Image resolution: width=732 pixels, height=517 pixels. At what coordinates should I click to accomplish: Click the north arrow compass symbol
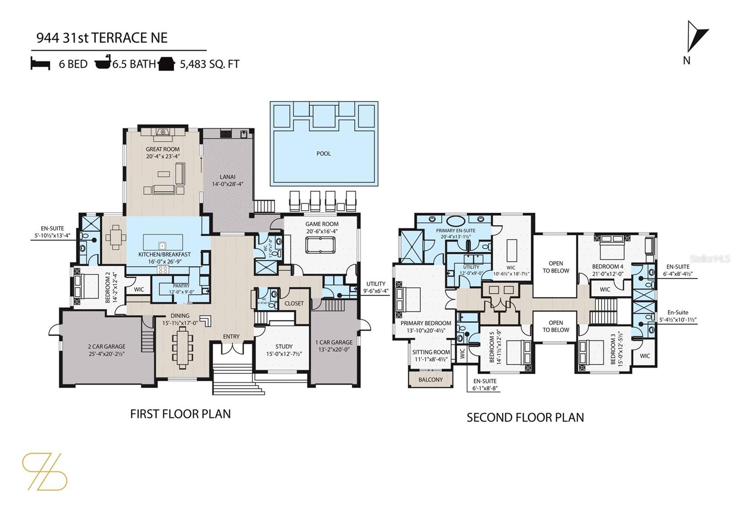click(696, 38)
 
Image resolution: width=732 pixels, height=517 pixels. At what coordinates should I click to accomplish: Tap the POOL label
click(323, 154)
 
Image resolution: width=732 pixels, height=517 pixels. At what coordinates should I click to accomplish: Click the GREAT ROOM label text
click(162, 149)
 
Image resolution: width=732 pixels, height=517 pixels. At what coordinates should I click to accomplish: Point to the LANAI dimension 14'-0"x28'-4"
click(227, 184)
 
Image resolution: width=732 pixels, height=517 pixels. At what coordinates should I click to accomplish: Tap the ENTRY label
click(231, 337)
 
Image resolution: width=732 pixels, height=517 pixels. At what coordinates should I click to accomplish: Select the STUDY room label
click(284, 347)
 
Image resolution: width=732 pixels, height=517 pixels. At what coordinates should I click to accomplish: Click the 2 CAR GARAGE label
click(107, 347)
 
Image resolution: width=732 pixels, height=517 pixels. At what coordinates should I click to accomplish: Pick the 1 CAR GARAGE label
click(334, 342)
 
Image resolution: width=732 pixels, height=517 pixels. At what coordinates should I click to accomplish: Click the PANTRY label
click(181, 286)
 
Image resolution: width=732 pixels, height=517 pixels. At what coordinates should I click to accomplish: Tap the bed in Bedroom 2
click(86, 286)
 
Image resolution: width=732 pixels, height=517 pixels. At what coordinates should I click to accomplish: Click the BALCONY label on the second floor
click(431, 380)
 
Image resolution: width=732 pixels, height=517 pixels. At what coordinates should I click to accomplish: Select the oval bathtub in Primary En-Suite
click(456, 220)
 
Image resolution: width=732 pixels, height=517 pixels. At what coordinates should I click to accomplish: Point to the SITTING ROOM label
click(431, 352)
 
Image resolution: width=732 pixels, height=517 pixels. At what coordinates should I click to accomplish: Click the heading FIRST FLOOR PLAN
click(180, 414)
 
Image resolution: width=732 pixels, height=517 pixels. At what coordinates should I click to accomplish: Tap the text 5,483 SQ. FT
click(210, 64)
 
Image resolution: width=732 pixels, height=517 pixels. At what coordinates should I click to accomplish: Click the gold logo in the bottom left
click(44, 471)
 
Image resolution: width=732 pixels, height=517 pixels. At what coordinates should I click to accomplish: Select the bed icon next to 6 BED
click(40, 64)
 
